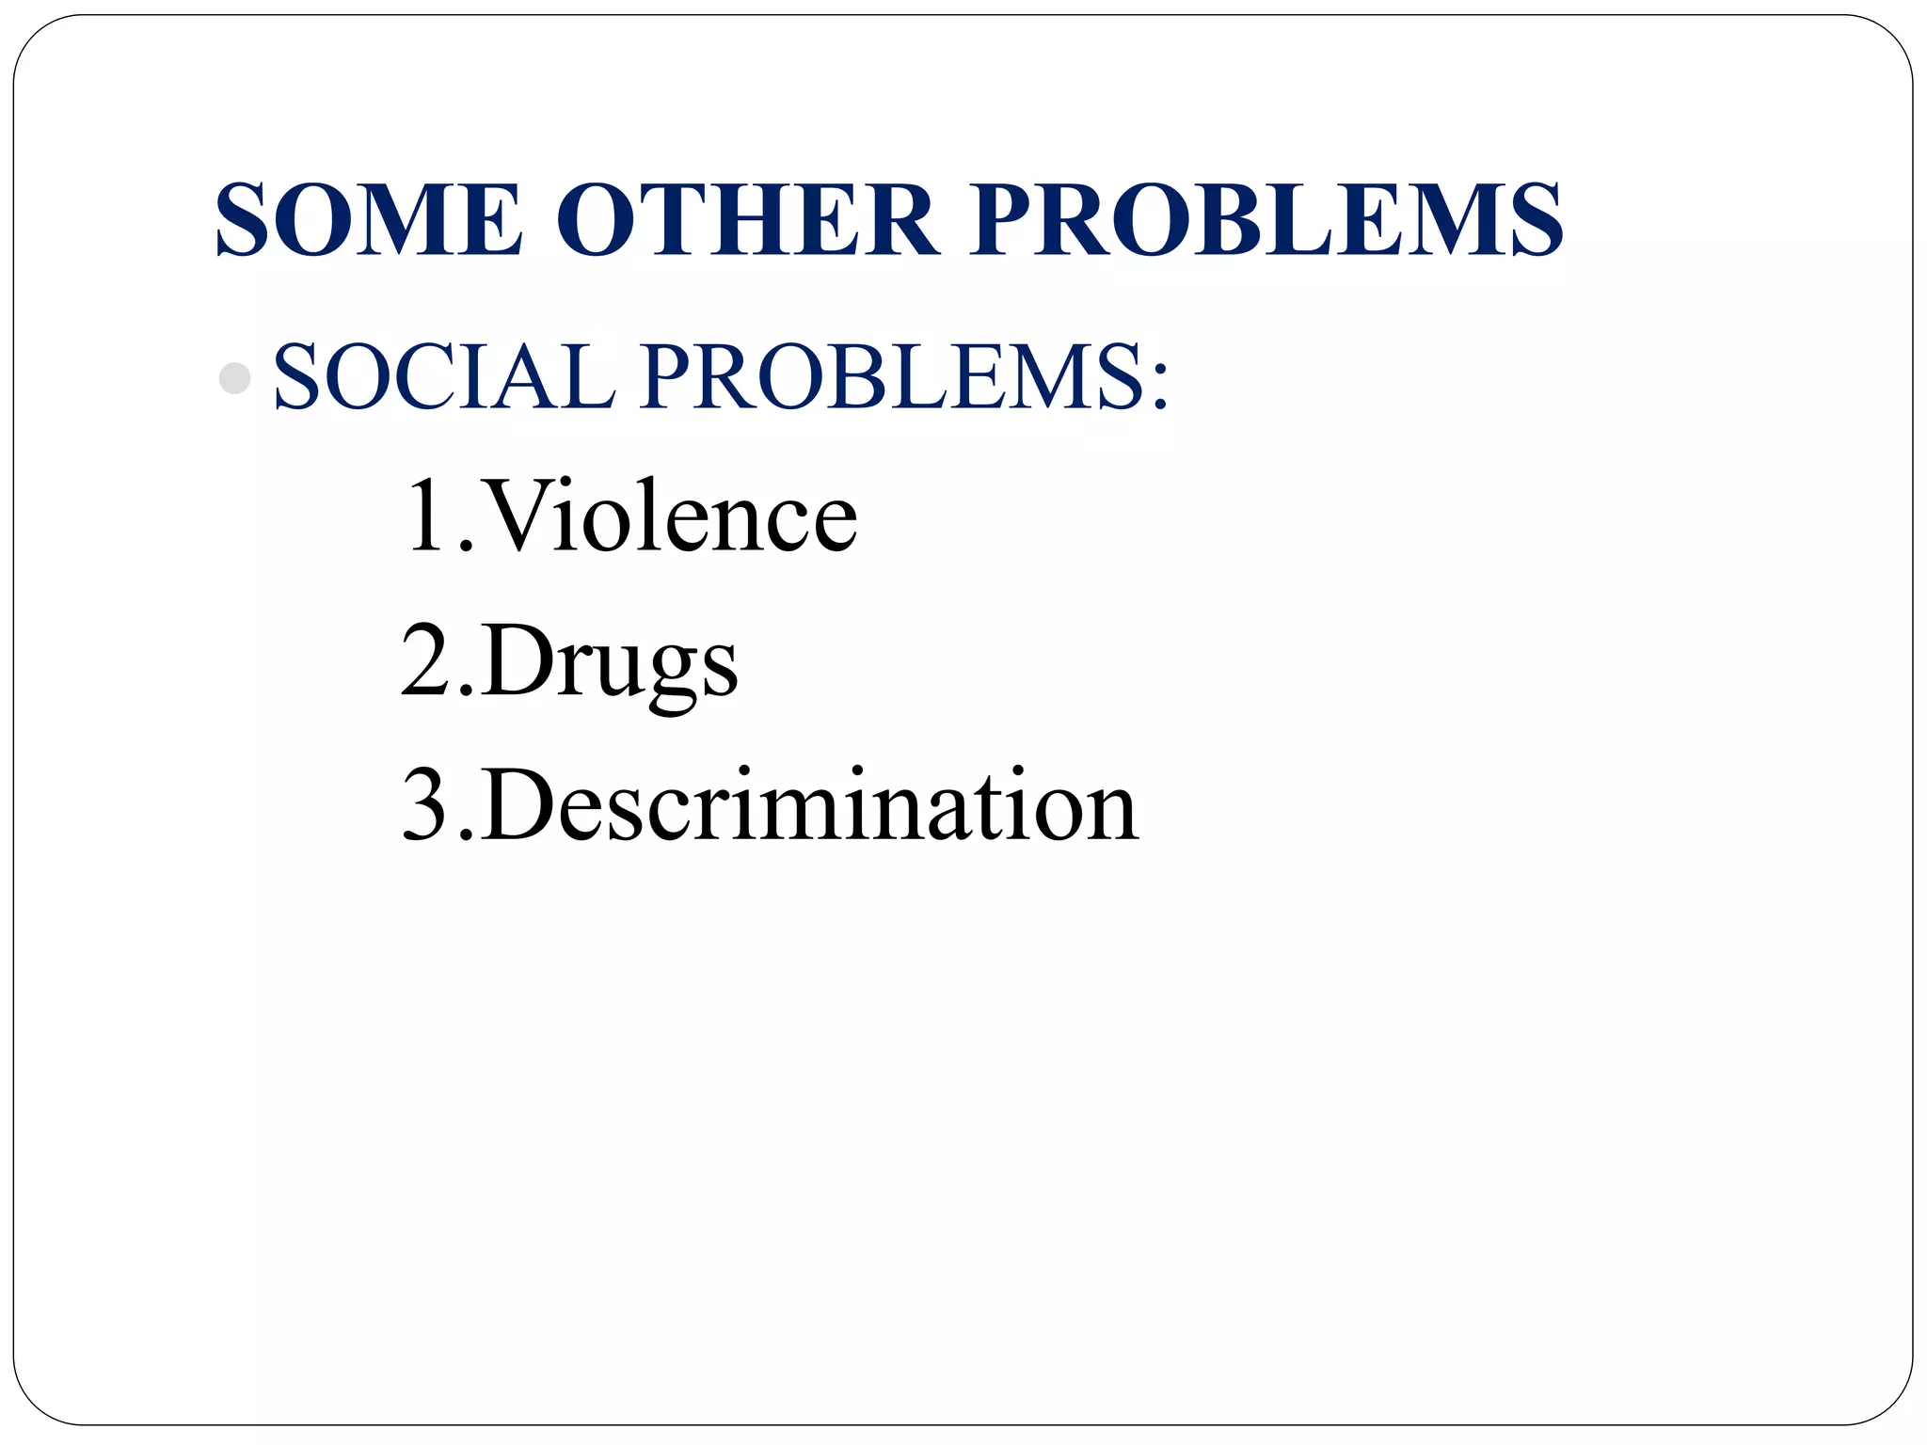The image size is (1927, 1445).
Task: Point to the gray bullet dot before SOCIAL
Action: coord(234,378)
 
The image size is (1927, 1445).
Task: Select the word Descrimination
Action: coord(810,804)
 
